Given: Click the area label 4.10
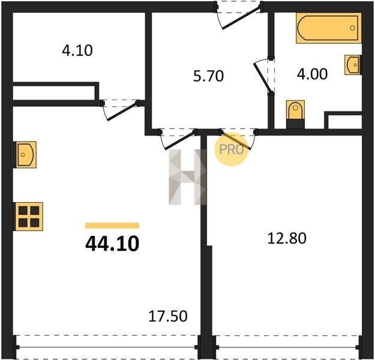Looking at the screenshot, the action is pos(77,51).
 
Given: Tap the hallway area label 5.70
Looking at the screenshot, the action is pos(208,76).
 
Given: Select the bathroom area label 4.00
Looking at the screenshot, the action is pos(312,74).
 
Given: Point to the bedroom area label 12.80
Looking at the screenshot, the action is pos(287,238).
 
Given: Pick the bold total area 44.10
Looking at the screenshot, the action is pos(112,244).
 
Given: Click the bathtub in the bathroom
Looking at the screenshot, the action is pos(329,28).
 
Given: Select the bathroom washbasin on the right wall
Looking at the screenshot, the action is pos(353,65).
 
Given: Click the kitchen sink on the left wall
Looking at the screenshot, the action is pos(26,155).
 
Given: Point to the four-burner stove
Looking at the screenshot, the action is pos(29,217).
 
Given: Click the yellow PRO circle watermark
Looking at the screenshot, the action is pos(231,149).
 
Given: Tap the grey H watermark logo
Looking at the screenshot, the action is pos(187,177).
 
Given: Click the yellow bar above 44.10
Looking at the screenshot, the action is pos(112,226).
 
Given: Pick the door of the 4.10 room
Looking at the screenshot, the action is pos(121,110).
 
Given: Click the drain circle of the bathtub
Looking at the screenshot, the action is pos(352,28).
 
